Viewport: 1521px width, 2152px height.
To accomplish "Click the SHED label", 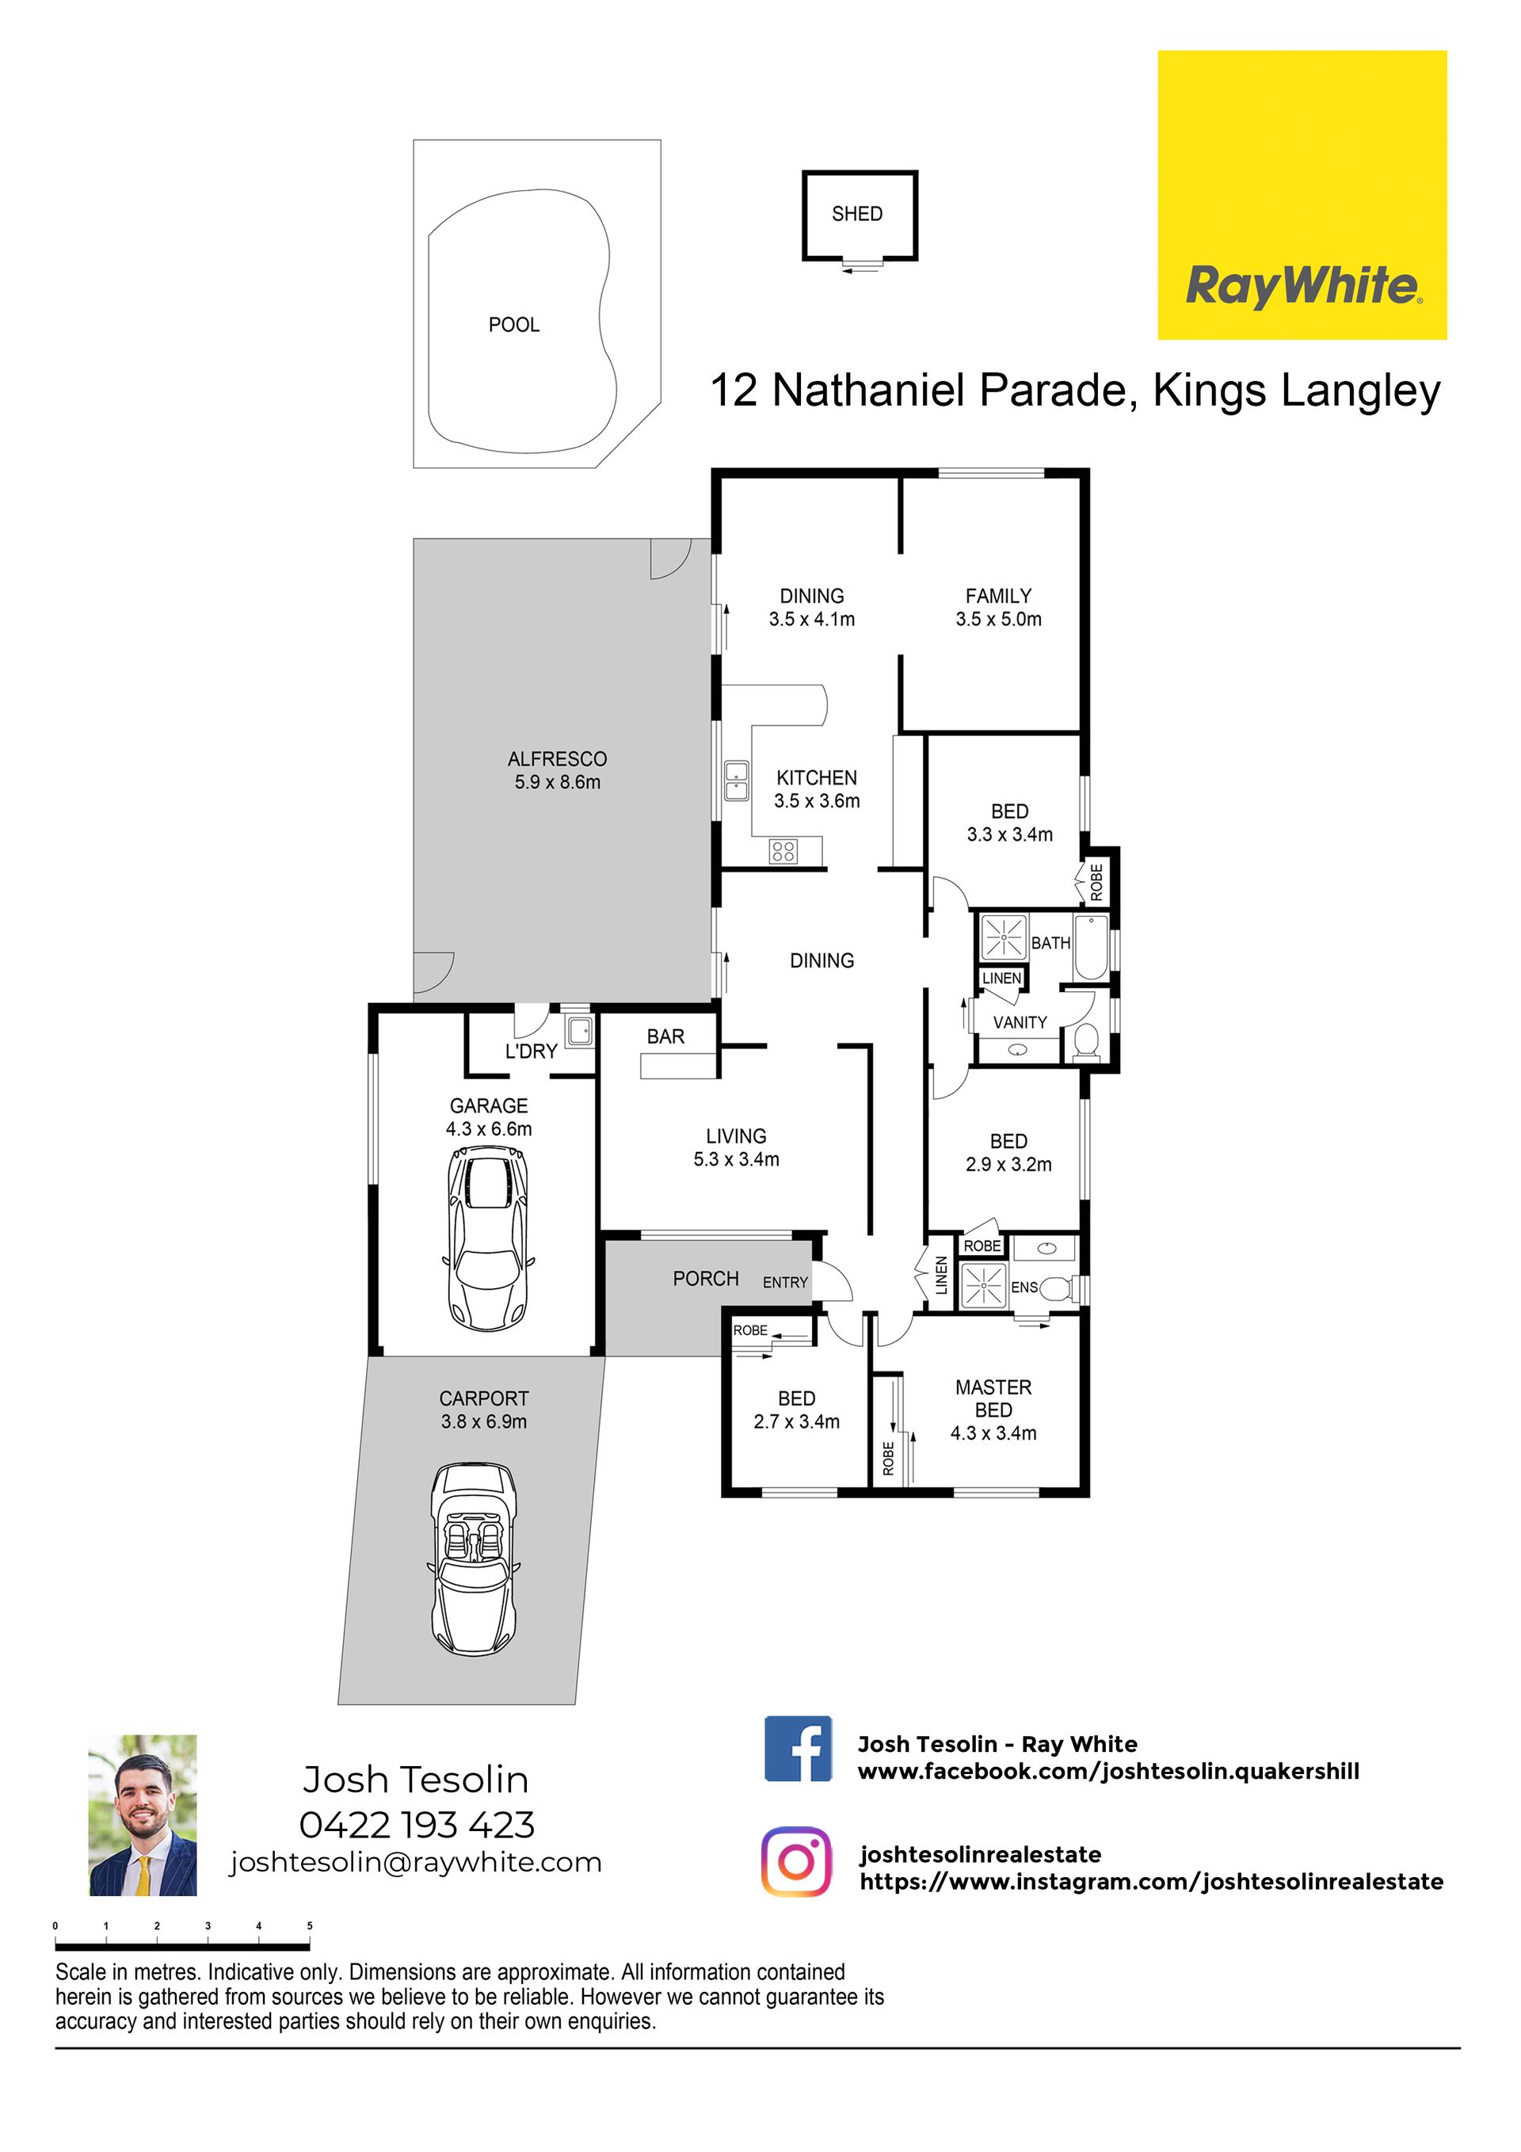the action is tap(856, 214).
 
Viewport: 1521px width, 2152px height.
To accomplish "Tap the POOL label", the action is tap(513, 324).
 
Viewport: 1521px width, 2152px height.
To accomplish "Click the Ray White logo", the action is tap(1302, 195).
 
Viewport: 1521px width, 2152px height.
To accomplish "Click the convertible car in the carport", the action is tap(473, 1558).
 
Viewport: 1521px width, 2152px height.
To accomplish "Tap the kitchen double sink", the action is tap(737, 780).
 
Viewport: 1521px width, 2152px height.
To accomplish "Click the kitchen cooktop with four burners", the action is tap(783, 851).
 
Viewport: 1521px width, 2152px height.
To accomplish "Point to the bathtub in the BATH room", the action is tap(1092, 948).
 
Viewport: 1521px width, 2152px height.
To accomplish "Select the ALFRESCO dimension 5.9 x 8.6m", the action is tap(557, 782).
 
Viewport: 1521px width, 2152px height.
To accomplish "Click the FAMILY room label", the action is tap(998, 595).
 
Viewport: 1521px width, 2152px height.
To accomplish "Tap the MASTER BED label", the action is tap(993, 1398).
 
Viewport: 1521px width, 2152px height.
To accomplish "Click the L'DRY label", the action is tap(532, 1051).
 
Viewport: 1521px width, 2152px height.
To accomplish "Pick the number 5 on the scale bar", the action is tap(309, 1925).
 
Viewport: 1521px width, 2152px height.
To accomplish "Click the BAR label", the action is tap(665, 1036).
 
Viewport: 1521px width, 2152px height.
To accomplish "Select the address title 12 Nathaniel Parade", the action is tap(922, 390).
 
